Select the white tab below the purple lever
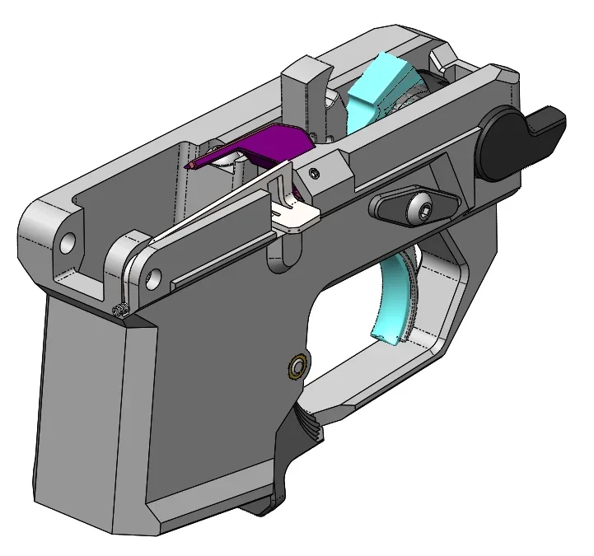tap(295, 216)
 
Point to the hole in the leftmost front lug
tap(67, 242)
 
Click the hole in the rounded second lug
tap(149, 279)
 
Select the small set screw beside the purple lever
tap(314, 171)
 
